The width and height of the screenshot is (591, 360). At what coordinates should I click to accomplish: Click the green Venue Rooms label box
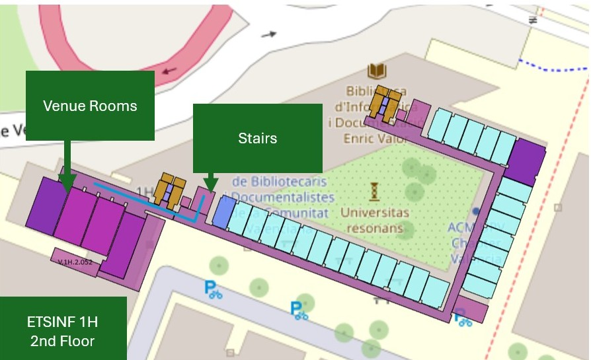[90, 106]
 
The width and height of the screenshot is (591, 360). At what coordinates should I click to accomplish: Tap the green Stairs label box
[257, 138]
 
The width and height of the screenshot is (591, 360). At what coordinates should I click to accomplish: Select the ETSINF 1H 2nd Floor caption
[63, 331]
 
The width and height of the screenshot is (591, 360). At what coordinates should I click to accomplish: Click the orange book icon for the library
[377, 71]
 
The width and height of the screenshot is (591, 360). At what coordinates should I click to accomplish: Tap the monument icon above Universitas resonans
[375, 192]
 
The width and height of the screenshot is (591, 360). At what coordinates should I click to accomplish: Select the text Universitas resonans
[375, 220]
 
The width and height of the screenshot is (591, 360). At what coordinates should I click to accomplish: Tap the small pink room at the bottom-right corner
[470, 308]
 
